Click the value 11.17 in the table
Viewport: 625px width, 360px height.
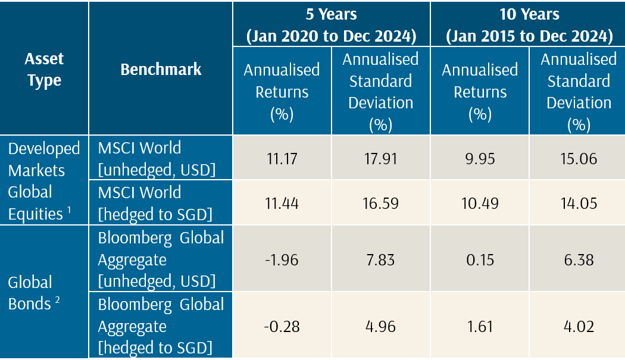[x=282, y=159]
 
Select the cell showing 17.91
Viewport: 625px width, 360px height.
[x=380, y=159]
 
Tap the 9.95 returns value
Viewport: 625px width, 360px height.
[x=480, y=159]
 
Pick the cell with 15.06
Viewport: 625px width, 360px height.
[x=578, y=159]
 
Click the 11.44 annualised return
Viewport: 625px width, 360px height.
[x=282, y=204]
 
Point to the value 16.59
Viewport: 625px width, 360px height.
[x=380, y=204]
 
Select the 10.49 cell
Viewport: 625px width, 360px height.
[x=480, y=204]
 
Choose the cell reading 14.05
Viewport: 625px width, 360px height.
[x=578, y=204]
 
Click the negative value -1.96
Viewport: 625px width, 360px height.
[x=282, y=259]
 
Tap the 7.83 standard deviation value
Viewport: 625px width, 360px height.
[x=380, y=259]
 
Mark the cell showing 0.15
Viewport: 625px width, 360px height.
[x=480, y=259]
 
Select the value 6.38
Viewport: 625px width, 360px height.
[x=578, y=259]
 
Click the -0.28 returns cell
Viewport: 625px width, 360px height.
[x=282, y=326]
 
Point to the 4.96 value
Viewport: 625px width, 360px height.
[x=380, y=326]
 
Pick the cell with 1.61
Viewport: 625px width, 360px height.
[x=480, y=326]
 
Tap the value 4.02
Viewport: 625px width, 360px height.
[x=578, y=326]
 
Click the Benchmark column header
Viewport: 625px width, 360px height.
[x=161, y=69]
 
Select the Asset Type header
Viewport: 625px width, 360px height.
[x=44, y=70]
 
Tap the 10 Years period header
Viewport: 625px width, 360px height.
[x=529, y=24]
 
